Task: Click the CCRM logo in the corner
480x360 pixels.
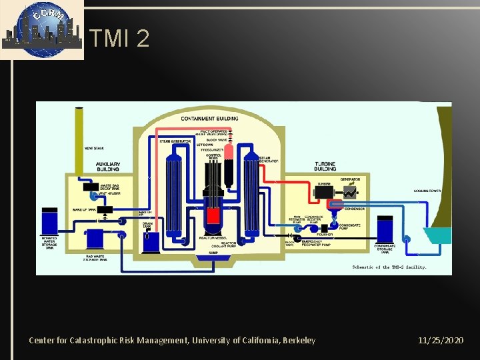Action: (41, 29)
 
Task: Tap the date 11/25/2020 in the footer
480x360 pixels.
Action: (441, 341)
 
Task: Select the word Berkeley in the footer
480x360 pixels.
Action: (300, 341)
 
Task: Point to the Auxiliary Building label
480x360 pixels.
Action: (107, 166)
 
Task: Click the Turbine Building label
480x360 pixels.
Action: (325, 165)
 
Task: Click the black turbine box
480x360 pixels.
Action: (327, 191)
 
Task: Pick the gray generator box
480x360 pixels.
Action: (349, 191)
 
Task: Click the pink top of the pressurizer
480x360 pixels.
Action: (229, 151)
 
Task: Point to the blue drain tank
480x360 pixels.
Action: (151, 241)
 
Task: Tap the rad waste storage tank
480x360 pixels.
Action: (96, 239)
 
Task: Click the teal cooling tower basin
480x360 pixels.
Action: (436, 235)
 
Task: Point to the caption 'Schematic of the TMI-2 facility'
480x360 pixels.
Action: (389, 267)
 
